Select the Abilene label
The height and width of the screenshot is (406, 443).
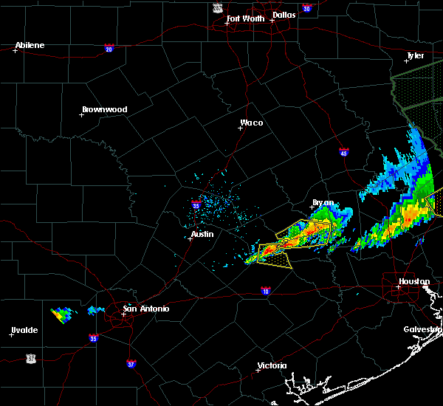pyautogui.click(x=30, y=45)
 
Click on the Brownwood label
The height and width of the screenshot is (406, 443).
pyautogui.click(x=104, y=109)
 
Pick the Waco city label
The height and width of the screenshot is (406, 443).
pyautogui.click(x=252, y=123)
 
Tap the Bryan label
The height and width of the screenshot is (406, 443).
pyautogui.click(x=323, y=202)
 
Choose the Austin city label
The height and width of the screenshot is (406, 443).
pyautogui.click(x=202, y=234)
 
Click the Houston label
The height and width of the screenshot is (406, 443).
pyautogui.click(x=414, y=281)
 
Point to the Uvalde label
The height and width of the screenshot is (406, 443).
pyautogui.click(x=24, y=329)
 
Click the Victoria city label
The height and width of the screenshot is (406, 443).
pyautogui.click(x=272, y=365)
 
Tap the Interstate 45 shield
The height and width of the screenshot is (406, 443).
pyautogui.click(x=344, y=152)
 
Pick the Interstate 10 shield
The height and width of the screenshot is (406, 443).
pyautogui.click(x=264, y=292)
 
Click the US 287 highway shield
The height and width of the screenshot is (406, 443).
pyautogui.click(x=217, y=7)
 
